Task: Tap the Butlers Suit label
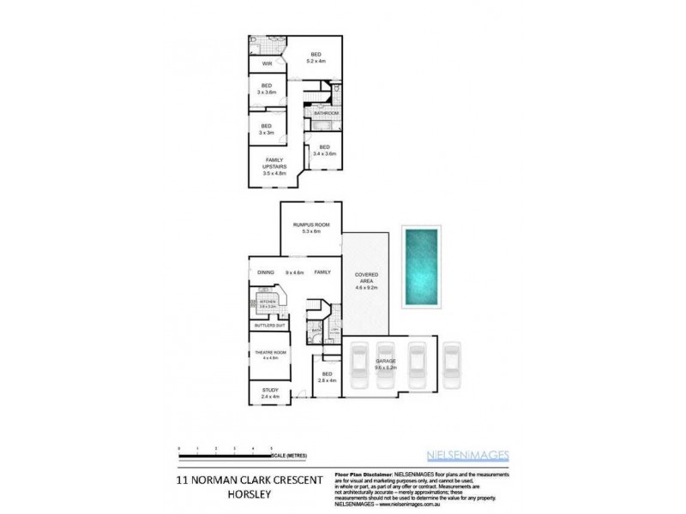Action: (269, 326)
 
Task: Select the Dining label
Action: (266, 272)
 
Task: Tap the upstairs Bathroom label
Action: (326, 113)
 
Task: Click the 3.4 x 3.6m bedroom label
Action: (325, 151)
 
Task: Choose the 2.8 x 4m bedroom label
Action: (327, 378)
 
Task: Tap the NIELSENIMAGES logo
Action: (467, 455)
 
